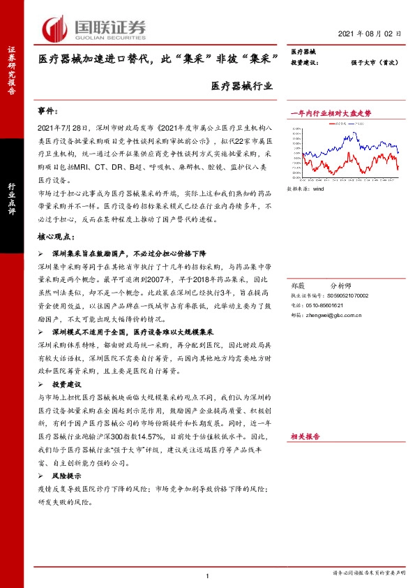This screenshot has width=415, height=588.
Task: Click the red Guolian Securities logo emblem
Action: point(55,29)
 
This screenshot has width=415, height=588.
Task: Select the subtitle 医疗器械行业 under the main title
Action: point(242,87)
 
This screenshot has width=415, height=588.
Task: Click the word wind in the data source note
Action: point(319,189)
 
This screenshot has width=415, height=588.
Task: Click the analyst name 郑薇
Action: point(297,286)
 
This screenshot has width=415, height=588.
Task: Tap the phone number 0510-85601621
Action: point(325,306)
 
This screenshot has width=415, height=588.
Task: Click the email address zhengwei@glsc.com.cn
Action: point(338,316)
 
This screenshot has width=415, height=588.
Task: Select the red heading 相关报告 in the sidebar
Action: point(305,436)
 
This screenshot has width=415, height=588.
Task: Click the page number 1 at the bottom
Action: point(208,575)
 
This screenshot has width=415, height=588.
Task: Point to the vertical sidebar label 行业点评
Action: point(12,200)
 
